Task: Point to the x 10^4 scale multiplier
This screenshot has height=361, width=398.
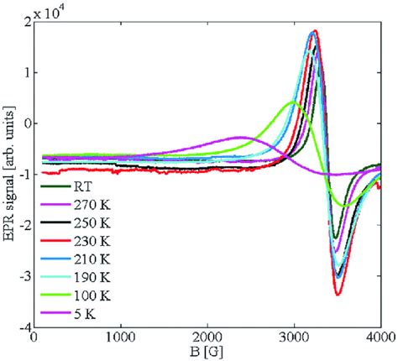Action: click(52, 10)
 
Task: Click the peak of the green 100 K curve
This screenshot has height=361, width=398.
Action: click(293, 102)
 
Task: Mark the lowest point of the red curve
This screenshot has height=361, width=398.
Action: click(338, 295)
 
